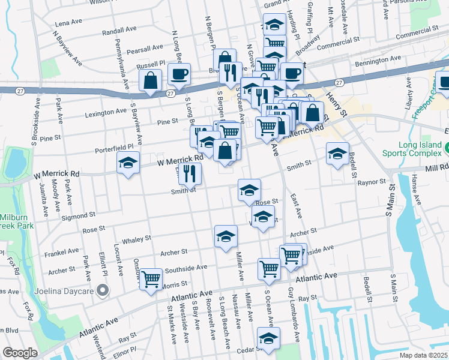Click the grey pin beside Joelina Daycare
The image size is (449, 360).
[x=103, y=291]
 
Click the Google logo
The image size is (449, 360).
[x=19, y=353]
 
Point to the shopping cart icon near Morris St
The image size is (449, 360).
[x=151, y=278]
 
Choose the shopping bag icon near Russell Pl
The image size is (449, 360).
[x=150, y=80]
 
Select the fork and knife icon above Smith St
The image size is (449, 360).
[x=190, y=173]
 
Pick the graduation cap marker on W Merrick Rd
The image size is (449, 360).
[x=128, y=163]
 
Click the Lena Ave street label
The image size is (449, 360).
[x=68, y=22]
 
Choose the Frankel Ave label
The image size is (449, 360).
[x=64, y=251]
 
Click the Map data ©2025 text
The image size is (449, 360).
[x=423, y=355]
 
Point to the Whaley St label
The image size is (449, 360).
[x=136, y=239]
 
